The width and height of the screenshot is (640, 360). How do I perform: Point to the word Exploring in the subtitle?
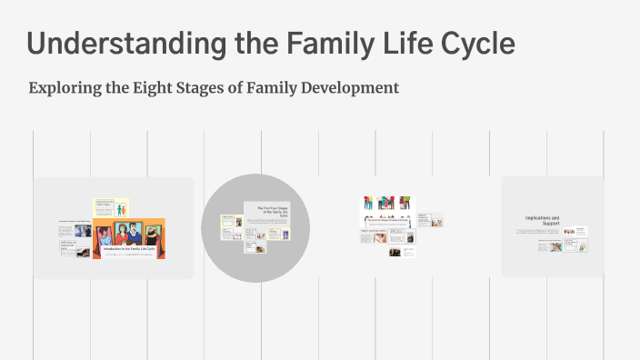click(63, 88)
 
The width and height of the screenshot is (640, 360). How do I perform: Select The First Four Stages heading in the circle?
click(272, 214)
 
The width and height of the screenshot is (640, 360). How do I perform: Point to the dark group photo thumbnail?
click(395, 252)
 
